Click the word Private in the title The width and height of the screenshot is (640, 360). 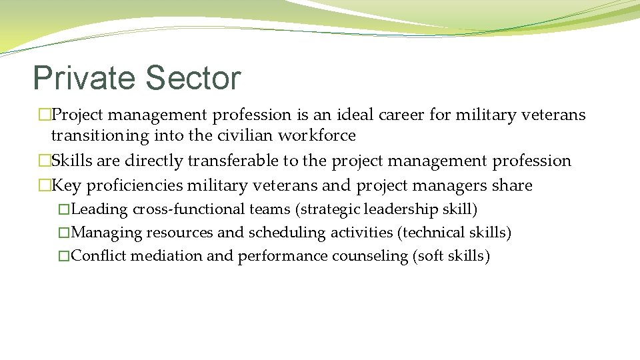[x=83, y=78]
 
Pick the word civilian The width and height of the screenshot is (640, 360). [x=245, y=136]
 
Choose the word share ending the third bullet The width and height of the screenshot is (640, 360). [x=513, y=185]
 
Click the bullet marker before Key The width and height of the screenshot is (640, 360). [x=44, y=185]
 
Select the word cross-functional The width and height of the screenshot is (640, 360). [x=189, y=209]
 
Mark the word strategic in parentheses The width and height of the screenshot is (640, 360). [x=328, y=209]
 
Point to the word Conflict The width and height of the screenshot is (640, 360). [x=99, y=256]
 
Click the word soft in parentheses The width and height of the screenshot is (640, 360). [x=429, y=256]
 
